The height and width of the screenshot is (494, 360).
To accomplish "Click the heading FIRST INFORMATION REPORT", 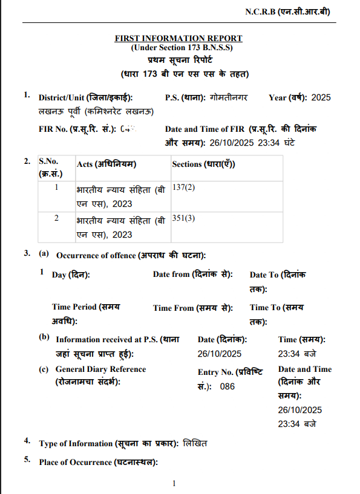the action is tap(178, 38).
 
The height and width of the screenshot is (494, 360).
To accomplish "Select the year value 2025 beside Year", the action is tap(321, 97).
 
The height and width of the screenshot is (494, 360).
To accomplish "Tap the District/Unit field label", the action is tap(85, 97).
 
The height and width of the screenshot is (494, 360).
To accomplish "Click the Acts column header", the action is tap(106, 164).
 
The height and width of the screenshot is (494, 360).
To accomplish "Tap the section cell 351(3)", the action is tap(183, 218).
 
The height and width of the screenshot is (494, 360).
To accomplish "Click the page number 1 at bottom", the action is tap(174, 483).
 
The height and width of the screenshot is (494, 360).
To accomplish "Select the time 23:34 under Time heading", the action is tap(289, 354).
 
